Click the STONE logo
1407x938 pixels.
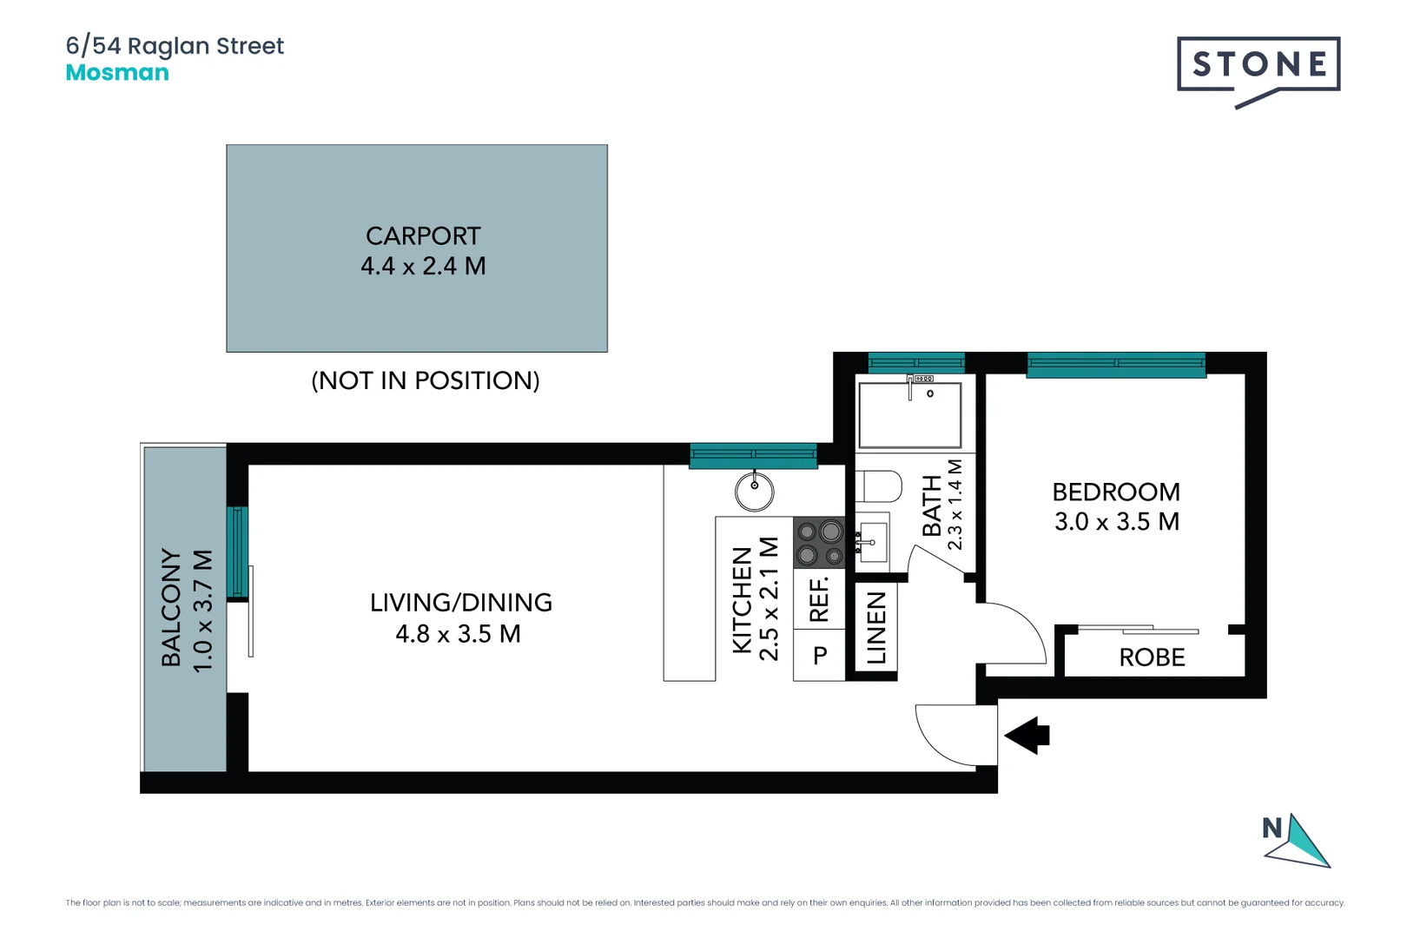point(1258,65)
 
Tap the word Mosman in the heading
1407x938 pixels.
point(117,73)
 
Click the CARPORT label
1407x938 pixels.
point(423,236)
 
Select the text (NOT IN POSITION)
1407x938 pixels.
point(426,380)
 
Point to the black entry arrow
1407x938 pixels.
point(1027,736)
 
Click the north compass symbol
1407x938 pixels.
point(1296,841)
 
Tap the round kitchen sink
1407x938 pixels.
point(755,492)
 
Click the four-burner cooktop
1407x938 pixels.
point(819,542)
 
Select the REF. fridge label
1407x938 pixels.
point(819,599)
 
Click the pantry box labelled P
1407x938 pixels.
point(819,656)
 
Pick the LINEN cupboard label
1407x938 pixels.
point(876,627)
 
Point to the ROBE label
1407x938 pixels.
point(1152,657)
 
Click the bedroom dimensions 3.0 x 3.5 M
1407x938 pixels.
point(1116,522)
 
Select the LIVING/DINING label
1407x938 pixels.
point(460,603)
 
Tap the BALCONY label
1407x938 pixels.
point(171,607)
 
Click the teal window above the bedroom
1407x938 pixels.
point(1116,365)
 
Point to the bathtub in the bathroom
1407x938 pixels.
point(909,415)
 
